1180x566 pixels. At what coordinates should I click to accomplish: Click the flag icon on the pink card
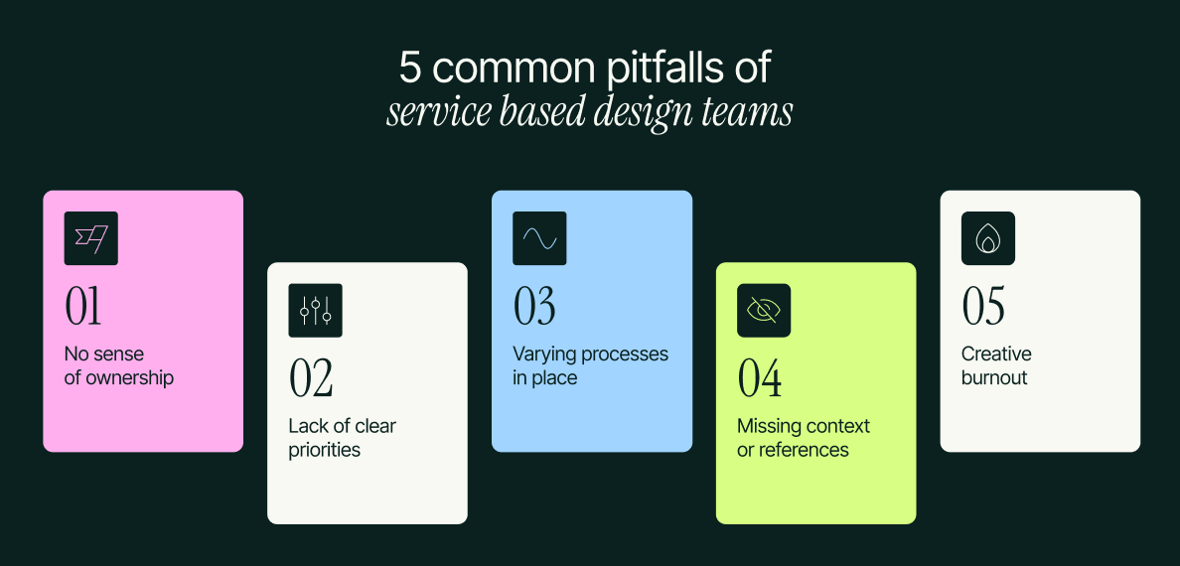[90, 238]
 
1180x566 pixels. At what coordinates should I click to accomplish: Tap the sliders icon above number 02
[315, 311]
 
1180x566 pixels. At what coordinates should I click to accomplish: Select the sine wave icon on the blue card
[539, 238]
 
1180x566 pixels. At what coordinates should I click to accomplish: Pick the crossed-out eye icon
[764, 311]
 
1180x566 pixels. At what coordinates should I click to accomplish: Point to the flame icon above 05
[987, 238]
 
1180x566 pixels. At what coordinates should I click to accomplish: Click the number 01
[83, 307]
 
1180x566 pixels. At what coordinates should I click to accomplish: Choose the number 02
[311, 378]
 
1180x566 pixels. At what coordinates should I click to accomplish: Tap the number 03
[534, 307]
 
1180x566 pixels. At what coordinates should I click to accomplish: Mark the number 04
[760, 378]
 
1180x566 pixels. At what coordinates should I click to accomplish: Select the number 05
[983, 307]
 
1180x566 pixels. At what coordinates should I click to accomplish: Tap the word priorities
[324, 450]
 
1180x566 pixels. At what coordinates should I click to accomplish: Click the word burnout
[994, 378]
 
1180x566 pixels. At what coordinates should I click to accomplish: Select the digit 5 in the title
[410, 68]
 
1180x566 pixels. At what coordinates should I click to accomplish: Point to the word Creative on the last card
[996, 354]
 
